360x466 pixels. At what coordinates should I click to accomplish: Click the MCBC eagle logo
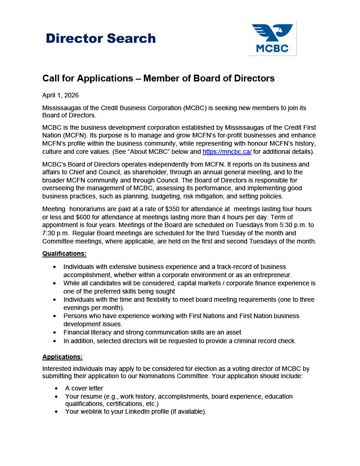272,39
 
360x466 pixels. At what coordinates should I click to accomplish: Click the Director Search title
101,38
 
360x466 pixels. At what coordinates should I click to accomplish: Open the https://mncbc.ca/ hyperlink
227,152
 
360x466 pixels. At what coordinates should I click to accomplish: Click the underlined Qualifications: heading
64,253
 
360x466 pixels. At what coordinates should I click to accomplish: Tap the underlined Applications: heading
62,357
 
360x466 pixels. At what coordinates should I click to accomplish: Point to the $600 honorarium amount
80,217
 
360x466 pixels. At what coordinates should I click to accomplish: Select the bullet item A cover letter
84,388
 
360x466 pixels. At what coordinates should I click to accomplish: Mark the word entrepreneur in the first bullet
270,275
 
